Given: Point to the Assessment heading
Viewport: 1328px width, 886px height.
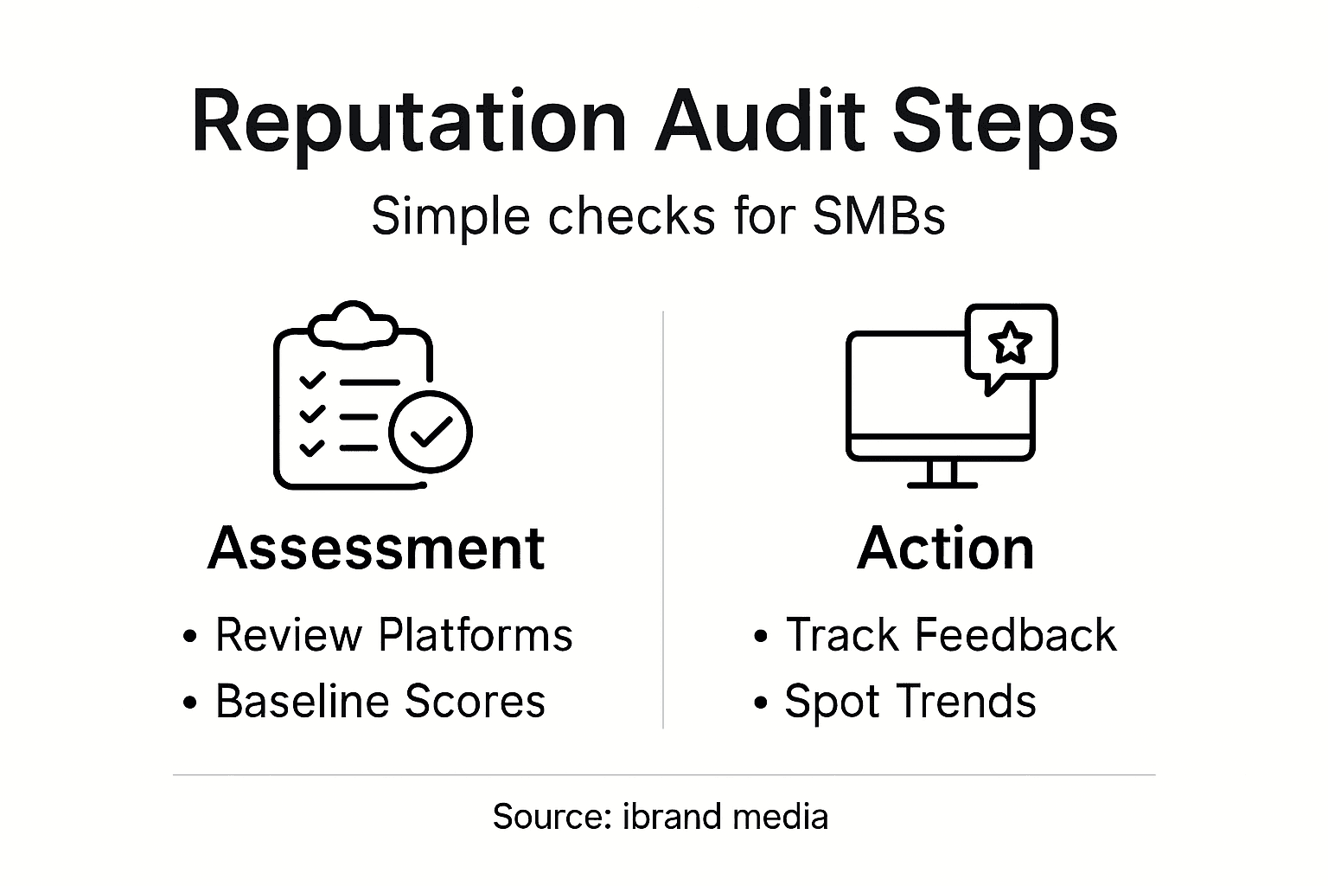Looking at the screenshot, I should coord(376,549).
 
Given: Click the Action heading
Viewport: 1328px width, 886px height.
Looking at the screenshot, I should coord(945,549).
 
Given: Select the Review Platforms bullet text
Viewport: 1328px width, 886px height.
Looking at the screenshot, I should coord(393,635).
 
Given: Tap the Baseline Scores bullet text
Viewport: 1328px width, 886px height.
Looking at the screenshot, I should coord(380,701).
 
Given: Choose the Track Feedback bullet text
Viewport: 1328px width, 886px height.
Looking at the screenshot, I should coord(950,635).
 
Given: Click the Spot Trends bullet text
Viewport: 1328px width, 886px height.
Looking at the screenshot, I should coord(910,701).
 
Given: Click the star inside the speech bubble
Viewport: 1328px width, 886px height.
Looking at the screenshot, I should coord(1010,343).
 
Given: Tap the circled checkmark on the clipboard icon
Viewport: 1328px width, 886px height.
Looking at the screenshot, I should coord(431,431).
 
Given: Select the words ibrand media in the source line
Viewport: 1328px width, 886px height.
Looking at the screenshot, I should coord(725,817).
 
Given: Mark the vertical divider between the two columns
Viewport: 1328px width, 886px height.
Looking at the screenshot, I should coord(663,519).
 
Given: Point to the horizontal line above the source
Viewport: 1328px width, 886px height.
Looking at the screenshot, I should coord(663,775).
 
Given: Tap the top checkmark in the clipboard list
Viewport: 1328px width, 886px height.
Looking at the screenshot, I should coord(311,381).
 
